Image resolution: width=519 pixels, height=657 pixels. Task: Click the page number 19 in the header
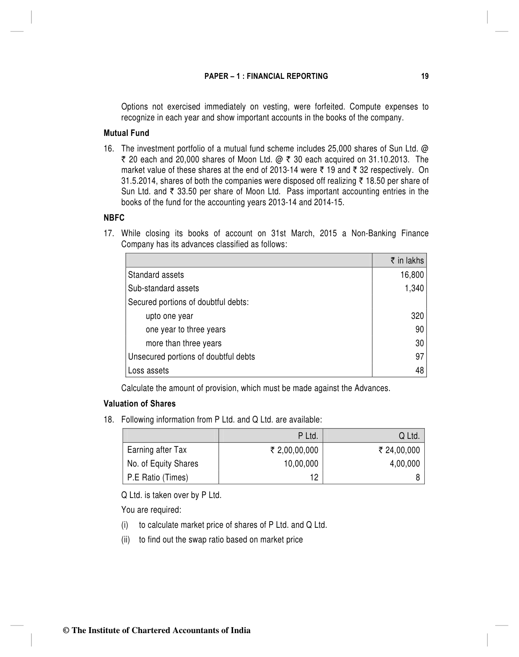tap(425, 76)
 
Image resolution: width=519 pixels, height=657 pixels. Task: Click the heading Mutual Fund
tap(126, 133)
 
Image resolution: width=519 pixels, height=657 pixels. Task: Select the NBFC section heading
tap(114, 218)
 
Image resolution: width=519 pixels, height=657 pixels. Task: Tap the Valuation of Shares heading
tap(140, 404)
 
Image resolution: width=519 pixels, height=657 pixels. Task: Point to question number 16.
tap(109, 149)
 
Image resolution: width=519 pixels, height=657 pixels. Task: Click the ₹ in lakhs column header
tap(407, 261)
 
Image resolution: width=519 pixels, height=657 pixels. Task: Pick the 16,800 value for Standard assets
tap(412, 275)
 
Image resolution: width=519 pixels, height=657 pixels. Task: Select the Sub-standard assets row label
tap(163, 288)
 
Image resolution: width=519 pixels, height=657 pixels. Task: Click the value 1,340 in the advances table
tap(414, 288)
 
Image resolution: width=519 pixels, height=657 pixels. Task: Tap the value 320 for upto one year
tap(417, 316)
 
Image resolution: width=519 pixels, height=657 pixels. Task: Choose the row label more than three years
tap(184, 343)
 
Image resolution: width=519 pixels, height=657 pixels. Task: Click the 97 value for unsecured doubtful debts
tap(420, 357)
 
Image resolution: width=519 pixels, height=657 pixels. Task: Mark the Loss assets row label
tap(148, 370)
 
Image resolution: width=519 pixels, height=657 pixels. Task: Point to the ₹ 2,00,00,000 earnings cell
tap(294, 450)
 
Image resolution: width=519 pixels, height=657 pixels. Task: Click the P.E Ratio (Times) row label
tap(158, 477)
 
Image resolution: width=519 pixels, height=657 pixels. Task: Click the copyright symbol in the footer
tap(66, 631)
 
